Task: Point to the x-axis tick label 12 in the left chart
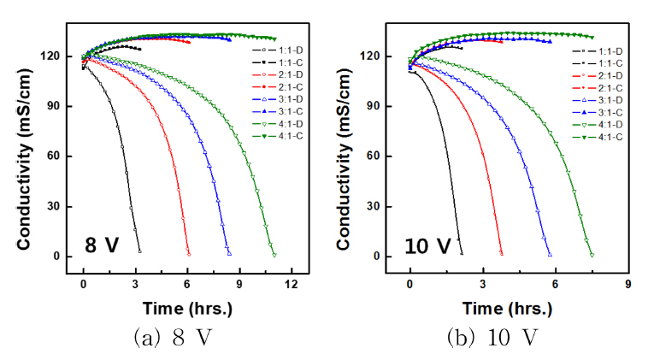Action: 292,283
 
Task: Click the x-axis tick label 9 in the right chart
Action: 629,283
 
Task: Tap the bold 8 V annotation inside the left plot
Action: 101,246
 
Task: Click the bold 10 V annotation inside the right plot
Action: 428,246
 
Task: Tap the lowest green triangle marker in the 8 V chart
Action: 274,254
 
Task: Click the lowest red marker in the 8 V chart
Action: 188,254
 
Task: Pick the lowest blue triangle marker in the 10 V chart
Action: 550,254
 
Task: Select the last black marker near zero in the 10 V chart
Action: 462,253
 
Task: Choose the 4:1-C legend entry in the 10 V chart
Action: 598,135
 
